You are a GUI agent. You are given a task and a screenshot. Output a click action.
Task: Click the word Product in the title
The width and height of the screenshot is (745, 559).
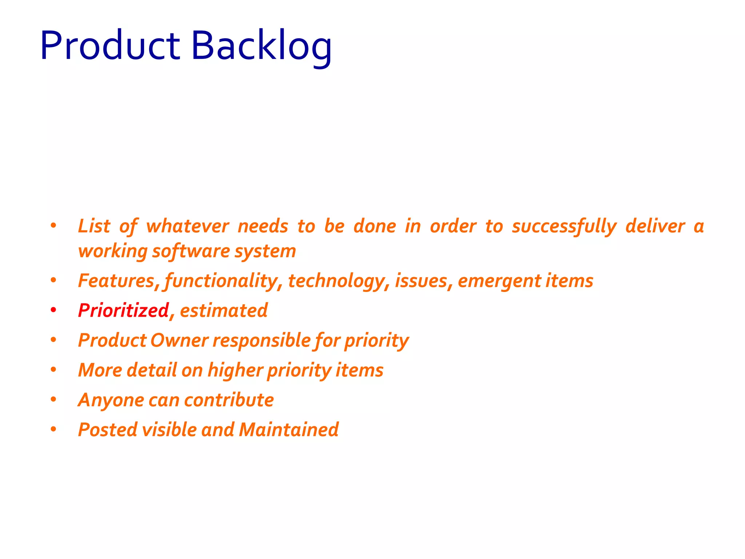110,46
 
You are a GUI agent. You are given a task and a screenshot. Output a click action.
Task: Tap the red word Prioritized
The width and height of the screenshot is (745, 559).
123,310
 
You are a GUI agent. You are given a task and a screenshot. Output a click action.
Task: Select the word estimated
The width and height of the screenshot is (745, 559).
224,310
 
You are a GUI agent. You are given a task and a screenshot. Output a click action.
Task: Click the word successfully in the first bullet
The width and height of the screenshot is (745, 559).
564,226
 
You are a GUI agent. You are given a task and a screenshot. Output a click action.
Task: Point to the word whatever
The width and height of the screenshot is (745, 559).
187,226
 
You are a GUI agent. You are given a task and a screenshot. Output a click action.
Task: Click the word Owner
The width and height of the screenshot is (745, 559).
179,340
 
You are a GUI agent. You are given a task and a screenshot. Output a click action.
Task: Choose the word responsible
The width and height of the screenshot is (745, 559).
261,340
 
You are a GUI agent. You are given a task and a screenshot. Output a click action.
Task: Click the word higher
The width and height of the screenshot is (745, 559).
235,370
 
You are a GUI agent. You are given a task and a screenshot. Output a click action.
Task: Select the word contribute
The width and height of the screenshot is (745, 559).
229,400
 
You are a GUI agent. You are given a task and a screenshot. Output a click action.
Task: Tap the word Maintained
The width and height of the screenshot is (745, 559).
289,429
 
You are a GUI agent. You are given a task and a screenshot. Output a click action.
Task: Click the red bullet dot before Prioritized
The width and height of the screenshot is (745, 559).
53,310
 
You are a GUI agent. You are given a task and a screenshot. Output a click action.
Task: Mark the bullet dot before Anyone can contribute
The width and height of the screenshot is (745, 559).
53,400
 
